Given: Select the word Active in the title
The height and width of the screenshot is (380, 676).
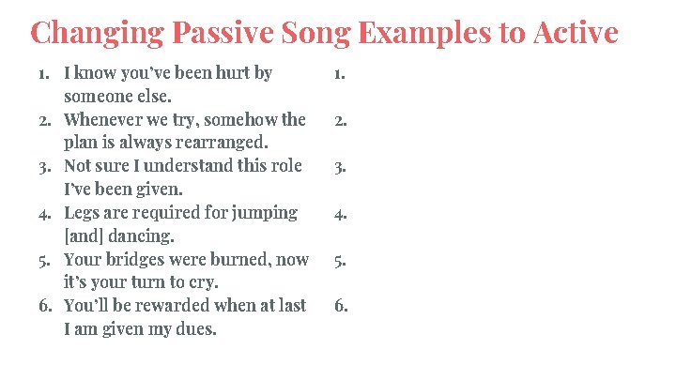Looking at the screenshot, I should point(574,33).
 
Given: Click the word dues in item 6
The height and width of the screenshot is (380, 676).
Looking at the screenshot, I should point(194,329).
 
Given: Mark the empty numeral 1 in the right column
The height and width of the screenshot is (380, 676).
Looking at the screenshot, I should point(340,74).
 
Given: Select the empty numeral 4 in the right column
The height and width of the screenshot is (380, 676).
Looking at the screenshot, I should point(340,214).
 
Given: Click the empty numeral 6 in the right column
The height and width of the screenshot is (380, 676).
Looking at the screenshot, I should point(340,307).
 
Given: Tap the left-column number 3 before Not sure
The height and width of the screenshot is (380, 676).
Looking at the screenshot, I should point(45,167).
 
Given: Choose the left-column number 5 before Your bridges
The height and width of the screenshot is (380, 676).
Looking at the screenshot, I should point(45,260).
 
